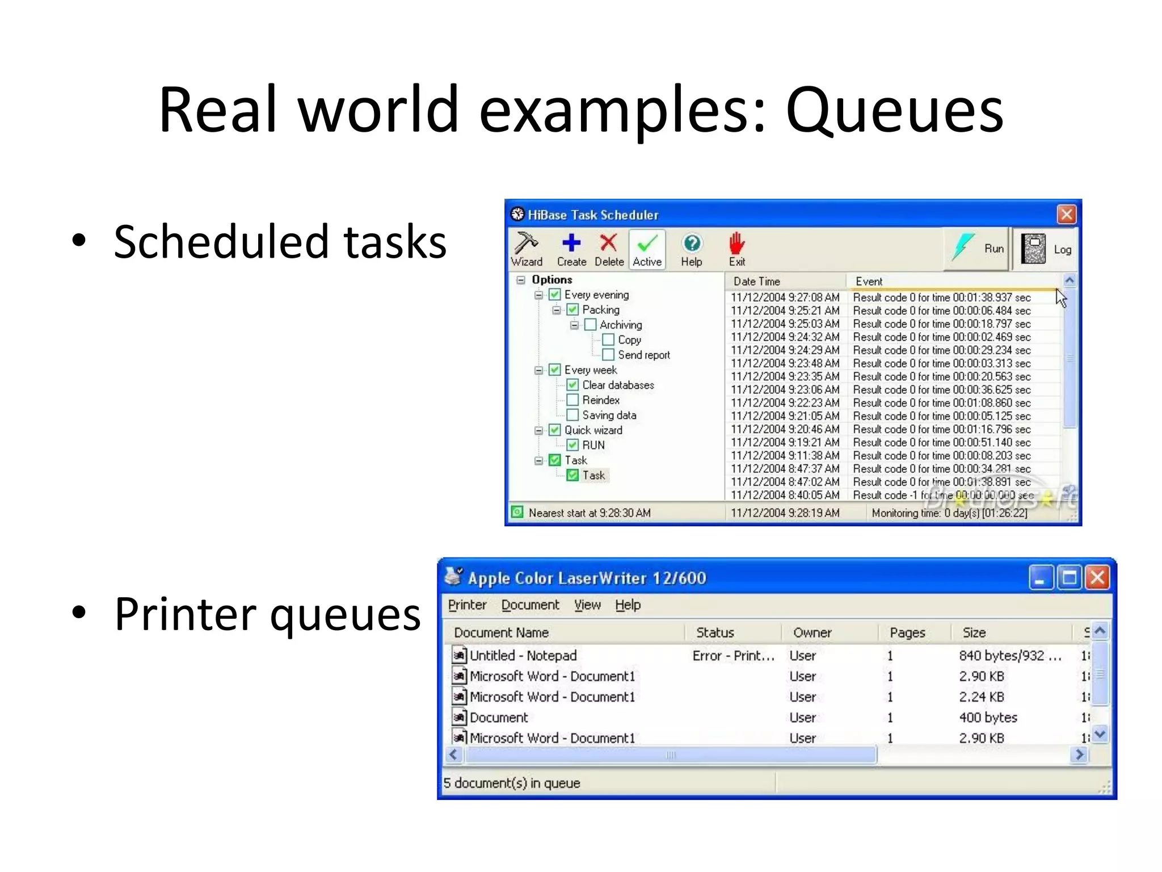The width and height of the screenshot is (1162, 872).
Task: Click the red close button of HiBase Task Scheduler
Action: tap(1066, 215)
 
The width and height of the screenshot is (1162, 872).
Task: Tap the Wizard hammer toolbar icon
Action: tap(526, 244)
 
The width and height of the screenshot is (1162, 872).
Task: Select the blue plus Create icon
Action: tap(571, 244)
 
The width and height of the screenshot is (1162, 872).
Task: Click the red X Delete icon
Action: tap(608, 244)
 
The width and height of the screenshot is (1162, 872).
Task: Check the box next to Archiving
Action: tap(590, 325)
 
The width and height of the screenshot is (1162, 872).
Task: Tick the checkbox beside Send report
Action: tap(608, 355)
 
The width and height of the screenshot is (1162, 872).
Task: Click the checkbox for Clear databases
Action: tap(572, 385)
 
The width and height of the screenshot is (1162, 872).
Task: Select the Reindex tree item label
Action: tap(601, 400)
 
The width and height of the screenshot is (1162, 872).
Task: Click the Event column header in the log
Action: tap(869, 282)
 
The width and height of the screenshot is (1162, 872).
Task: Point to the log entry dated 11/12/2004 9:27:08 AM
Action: tap(785, 297)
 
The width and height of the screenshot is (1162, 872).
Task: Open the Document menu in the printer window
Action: tap(530, 605)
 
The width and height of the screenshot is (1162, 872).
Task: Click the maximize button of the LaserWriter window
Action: tap(1070, 578)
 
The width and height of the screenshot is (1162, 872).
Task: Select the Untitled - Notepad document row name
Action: tap(523, 656)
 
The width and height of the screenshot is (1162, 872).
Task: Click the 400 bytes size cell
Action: tap(988, 718)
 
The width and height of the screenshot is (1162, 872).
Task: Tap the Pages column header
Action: tap(907, 632)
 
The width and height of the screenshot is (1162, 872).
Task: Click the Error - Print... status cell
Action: tap(733, 656)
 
